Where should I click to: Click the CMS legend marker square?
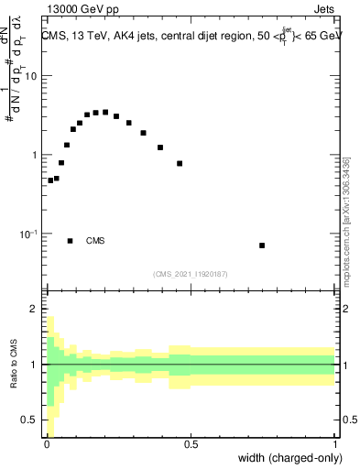[71, 241]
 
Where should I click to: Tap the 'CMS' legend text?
[95, 241]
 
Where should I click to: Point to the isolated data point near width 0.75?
[262, 245]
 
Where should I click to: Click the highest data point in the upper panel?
[105, 112]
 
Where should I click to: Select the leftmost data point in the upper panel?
[50, 180]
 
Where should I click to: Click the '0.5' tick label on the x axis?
[191, 444]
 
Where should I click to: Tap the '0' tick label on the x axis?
[46, 444]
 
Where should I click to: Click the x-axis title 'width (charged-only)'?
[289, 457]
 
